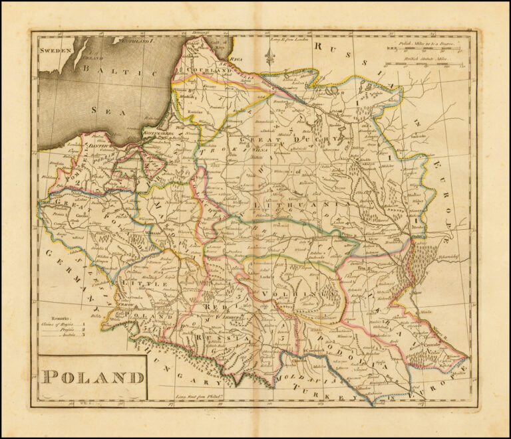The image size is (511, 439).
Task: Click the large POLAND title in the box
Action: coord(93,377)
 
